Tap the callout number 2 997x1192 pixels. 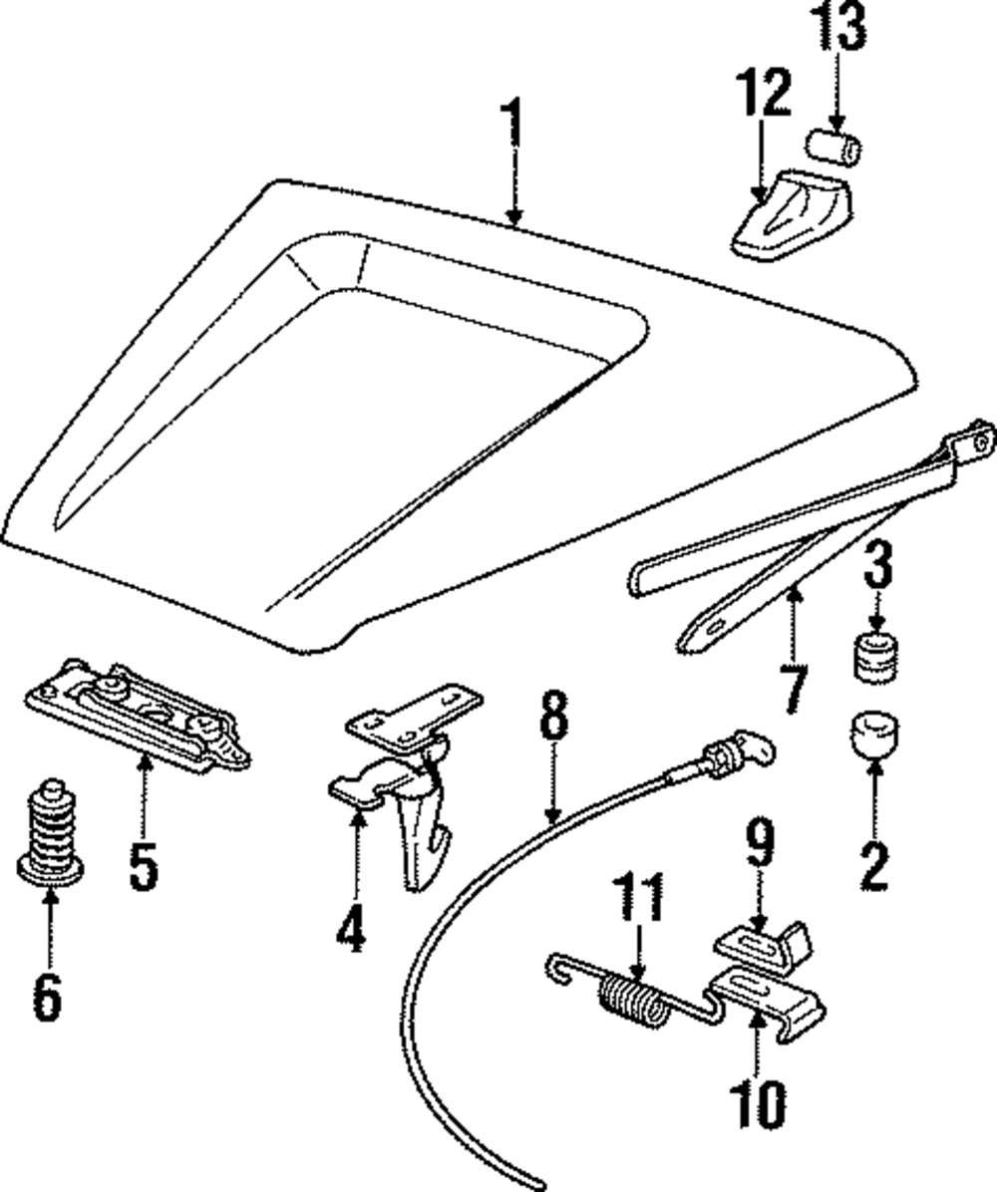tap(873, 863)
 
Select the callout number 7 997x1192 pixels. tap(793, 689)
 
